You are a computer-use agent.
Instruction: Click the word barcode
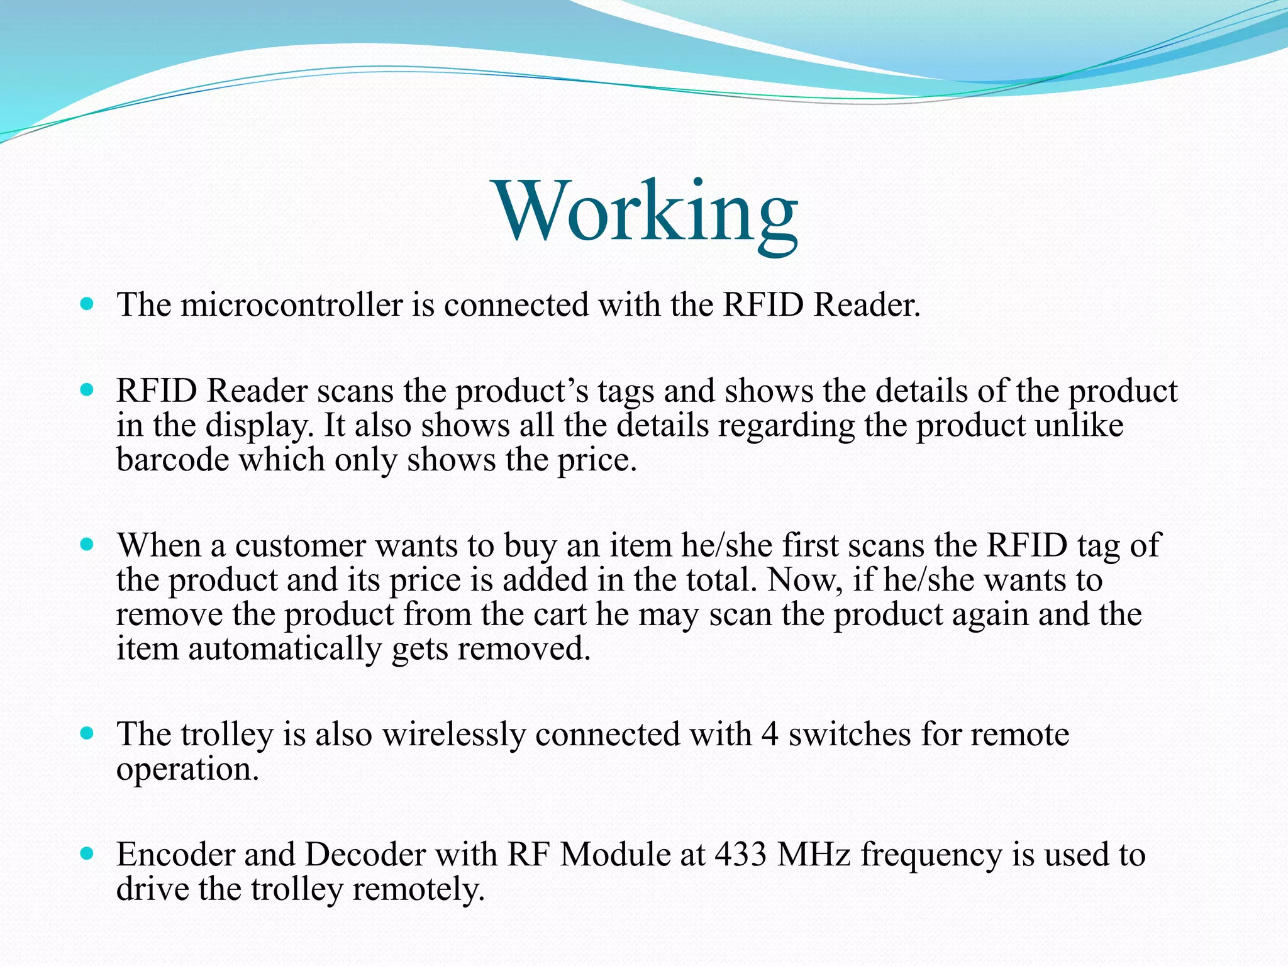173,460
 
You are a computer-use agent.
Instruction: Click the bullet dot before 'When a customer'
87,544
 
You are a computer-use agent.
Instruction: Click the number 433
741,855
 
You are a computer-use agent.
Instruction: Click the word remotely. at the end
418,889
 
